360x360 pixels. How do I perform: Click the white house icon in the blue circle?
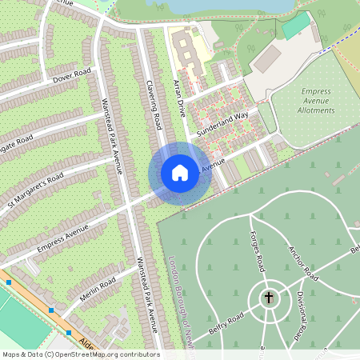(180, 172)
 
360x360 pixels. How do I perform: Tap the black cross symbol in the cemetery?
(268, 298)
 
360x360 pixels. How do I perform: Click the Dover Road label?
(73, 76)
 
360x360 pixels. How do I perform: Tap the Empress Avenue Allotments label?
(315, 102)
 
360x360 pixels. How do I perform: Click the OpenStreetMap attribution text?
(81, 354)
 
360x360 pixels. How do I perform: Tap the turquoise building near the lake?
(295, 26)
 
